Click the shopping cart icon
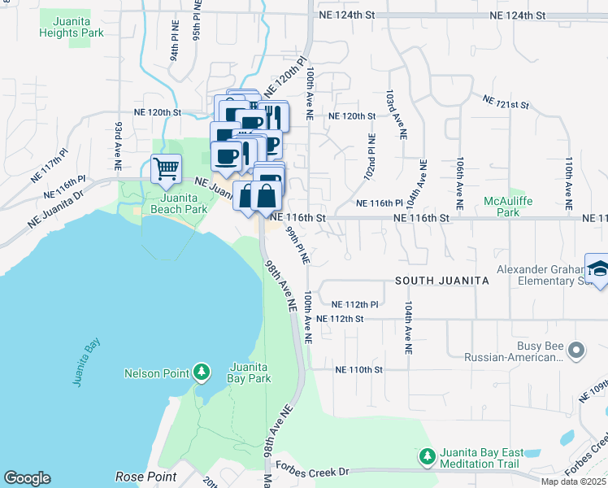166,169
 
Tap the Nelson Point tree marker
202,373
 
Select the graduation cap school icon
598,271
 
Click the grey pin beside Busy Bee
576,351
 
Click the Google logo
27,478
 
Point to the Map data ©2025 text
573,481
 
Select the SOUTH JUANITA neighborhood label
441,281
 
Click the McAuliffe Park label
507,207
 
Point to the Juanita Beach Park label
172,203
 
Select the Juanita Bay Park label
250,372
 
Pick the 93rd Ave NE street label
119,140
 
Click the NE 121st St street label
506,102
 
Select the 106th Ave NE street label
460,185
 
